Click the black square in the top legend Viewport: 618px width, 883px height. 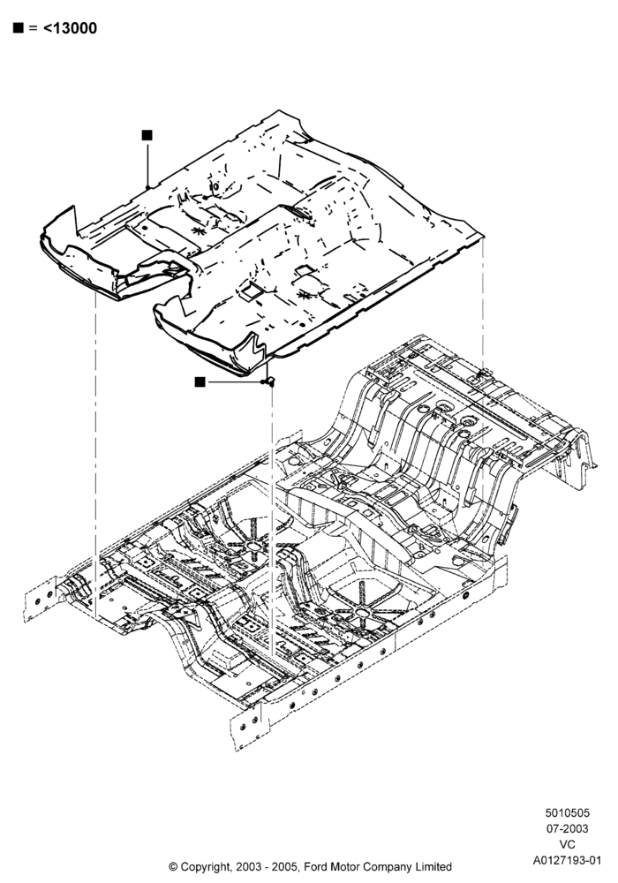(x=18, y=27)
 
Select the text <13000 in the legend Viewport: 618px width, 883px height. (x=70, y=28)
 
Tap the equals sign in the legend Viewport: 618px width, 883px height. (x=33, y=28)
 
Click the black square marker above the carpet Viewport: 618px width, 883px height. (x=147, y=135)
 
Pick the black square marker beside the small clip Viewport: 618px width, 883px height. (x=200, y=381)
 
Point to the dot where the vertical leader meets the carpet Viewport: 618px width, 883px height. (x=147, y=187)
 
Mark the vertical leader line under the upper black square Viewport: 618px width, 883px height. (x=147, y=163)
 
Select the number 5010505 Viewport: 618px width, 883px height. (x=568, y=813)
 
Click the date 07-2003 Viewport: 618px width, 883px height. (x=568, y=829)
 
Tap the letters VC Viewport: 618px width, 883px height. (x=568, y=845)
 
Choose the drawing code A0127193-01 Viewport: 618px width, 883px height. (x=568, y=860)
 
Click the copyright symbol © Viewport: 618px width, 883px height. (x=173, y=867)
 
